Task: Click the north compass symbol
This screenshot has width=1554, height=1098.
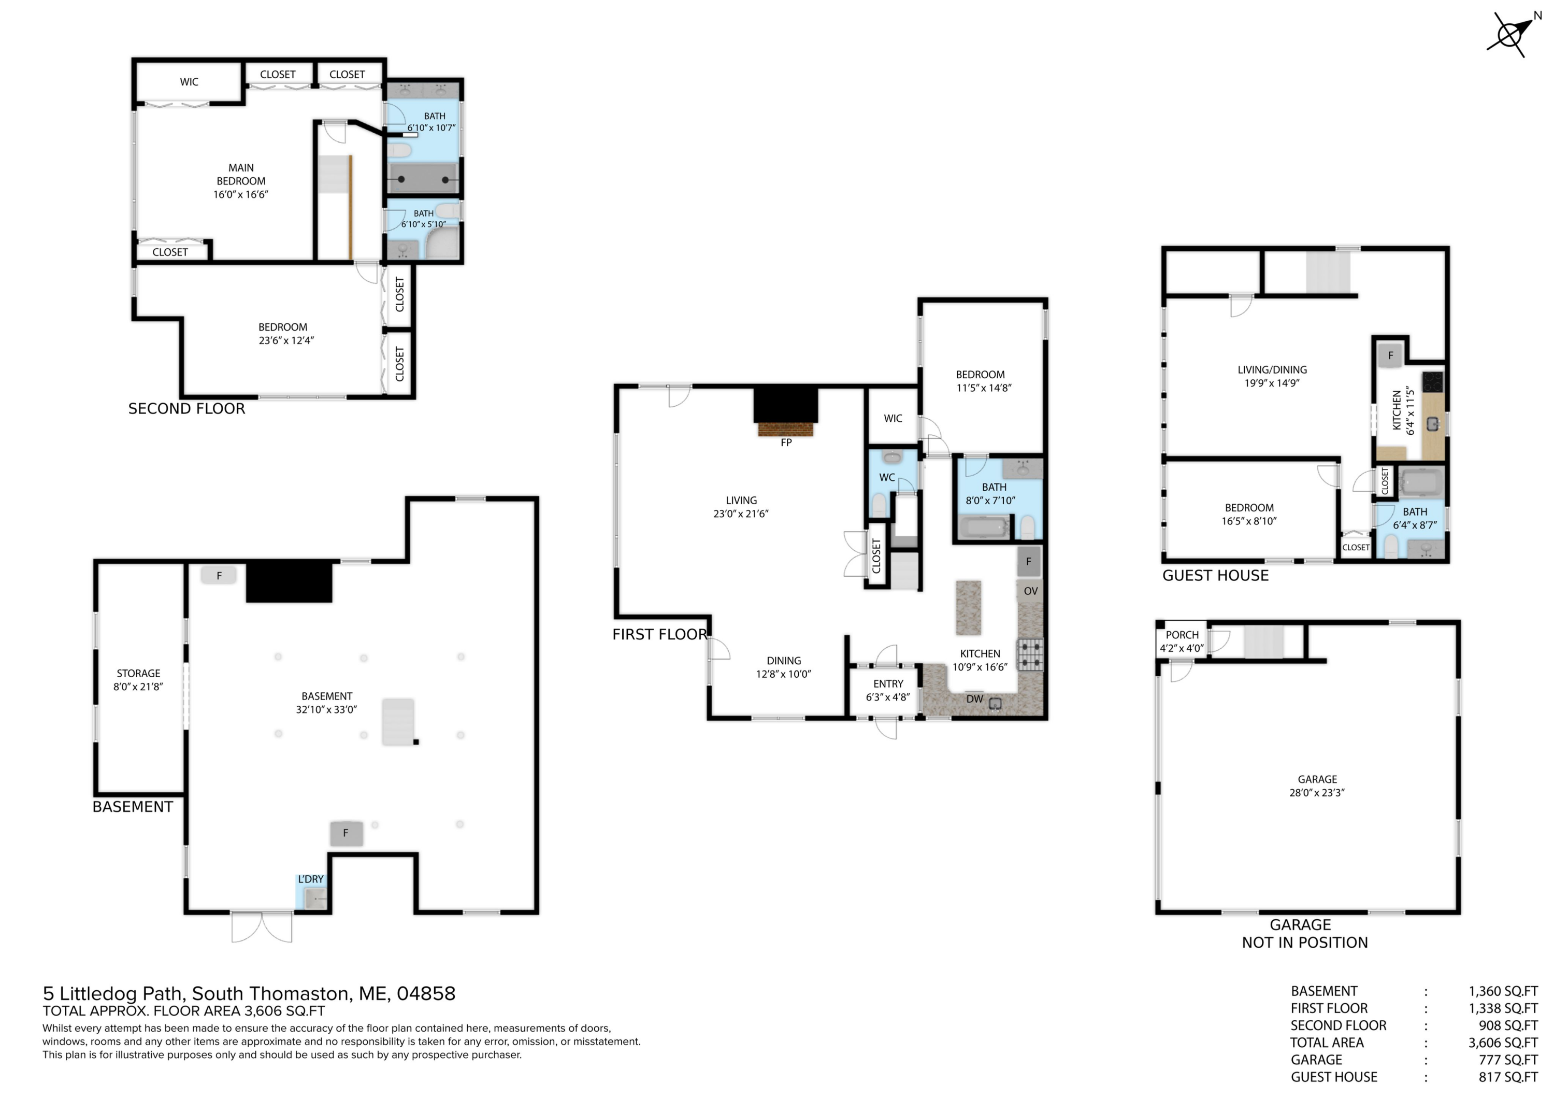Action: coord(1510,34)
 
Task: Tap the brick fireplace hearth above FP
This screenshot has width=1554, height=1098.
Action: coord(785,429)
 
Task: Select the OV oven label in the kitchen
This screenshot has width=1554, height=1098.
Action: coord(1030,591)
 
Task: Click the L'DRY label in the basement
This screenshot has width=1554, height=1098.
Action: coord(311,879)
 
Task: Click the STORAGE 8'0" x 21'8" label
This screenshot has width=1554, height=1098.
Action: coord(138,680)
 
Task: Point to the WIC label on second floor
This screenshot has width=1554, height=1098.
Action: coord(189,82)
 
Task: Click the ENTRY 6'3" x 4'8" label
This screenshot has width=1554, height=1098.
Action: coord(887,691)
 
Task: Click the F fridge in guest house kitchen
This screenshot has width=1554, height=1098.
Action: coord(1390,355)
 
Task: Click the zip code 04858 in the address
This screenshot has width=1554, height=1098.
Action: coord(426,994)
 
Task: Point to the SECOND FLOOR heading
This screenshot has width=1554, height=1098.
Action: coord(187,409)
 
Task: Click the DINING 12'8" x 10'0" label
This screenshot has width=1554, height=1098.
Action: coord(783,667)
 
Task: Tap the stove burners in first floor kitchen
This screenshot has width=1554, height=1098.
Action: coord(1030,654)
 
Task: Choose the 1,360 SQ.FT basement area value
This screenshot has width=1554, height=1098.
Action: coord(1503,991)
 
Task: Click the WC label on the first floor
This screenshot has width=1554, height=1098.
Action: coord(887,477)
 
